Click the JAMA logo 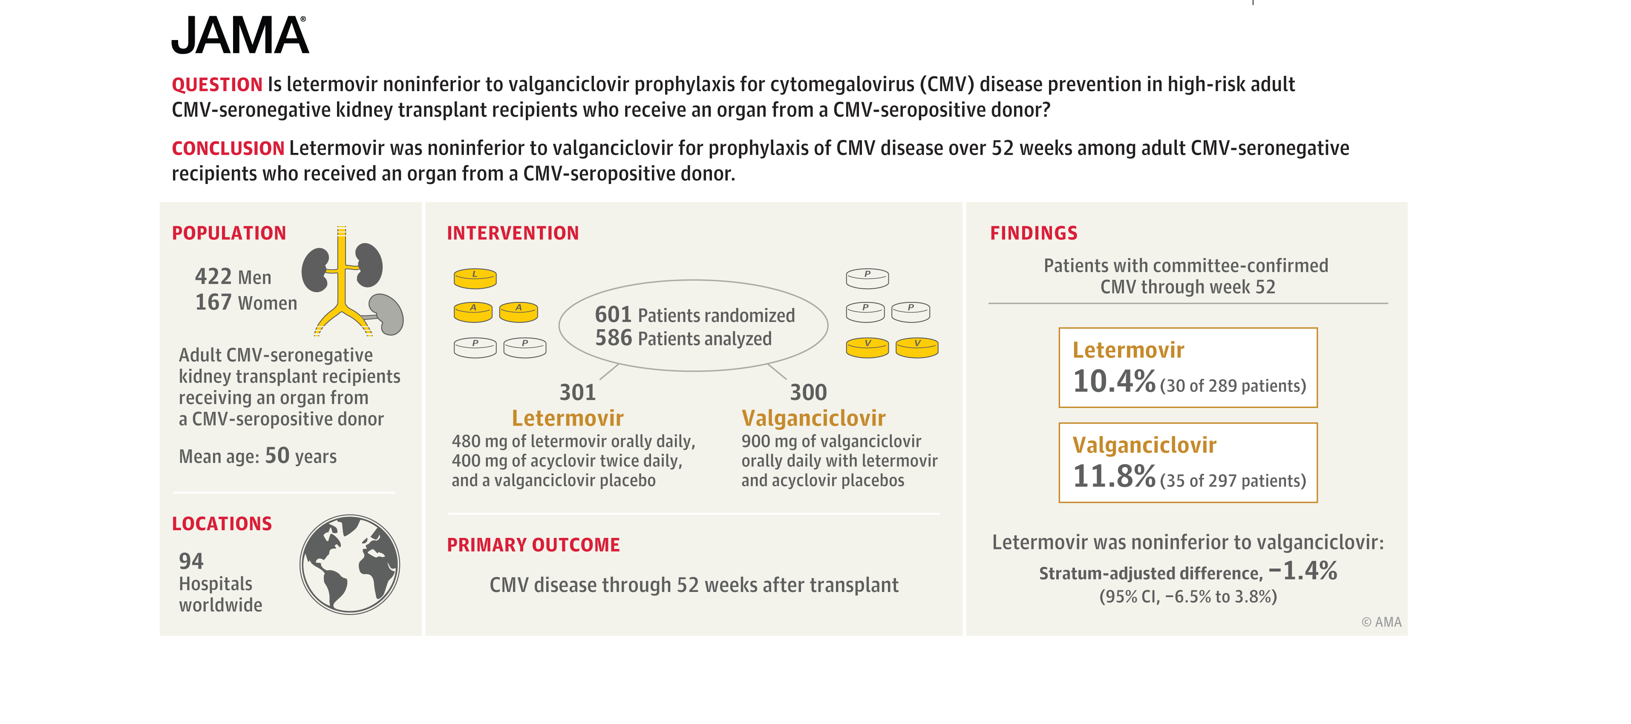tap(240, 35)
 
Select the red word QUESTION tap(216, 85)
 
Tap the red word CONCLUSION tap(227, 149)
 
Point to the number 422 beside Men tap(213, 276)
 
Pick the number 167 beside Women tap(213, 302)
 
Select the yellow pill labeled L tap(475, 278)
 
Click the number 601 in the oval tap(613, 315)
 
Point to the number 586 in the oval tap(613, 338)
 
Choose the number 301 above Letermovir tap(577, 392)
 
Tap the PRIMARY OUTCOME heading tap(533, 545)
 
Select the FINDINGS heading tap(1033, 233)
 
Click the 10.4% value tap(1114, 382)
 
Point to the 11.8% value tap(1114, 477)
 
